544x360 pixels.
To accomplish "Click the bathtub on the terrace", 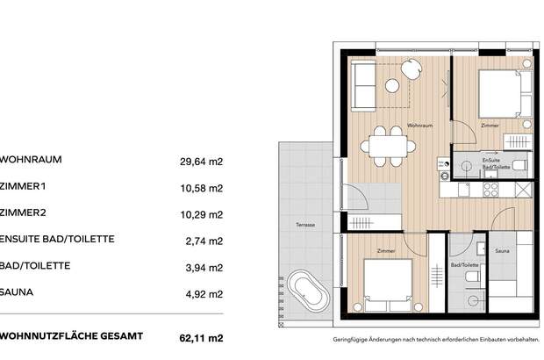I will (x=307, y=287).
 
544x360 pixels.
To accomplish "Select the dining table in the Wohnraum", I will (x=386, y=144).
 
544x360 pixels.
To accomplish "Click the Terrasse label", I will (x=305, y=226).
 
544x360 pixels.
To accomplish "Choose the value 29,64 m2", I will (x=203, y=162).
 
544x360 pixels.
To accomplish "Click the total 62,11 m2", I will (x=203, y=336).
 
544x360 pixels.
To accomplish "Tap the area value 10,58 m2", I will (x=203, y=188).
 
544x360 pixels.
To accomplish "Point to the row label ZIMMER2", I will (x=25, y=213).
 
